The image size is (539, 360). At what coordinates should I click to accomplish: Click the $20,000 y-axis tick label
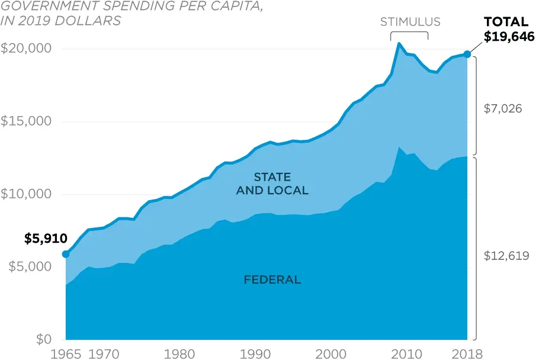pos(27,49)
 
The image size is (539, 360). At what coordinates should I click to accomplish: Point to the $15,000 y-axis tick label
pos(27,121)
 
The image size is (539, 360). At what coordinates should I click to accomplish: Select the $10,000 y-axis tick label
pos(27,194)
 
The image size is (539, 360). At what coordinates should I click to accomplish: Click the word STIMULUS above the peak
pos(410,22)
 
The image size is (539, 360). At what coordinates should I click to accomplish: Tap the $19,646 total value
pos(509,37)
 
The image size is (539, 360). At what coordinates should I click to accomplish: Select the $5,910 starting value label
pos(46,239)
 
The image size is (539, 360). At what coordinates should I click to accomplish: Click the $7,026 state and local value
pos(502,109)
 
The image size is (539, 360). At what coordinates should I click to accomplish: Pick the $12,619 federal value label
pos(506,256)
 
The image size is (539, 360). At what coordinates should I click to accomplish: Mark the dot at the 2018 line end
pos(467,54)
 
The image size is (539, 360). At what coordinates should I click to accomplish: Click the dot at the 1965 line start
pos(65,254)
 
